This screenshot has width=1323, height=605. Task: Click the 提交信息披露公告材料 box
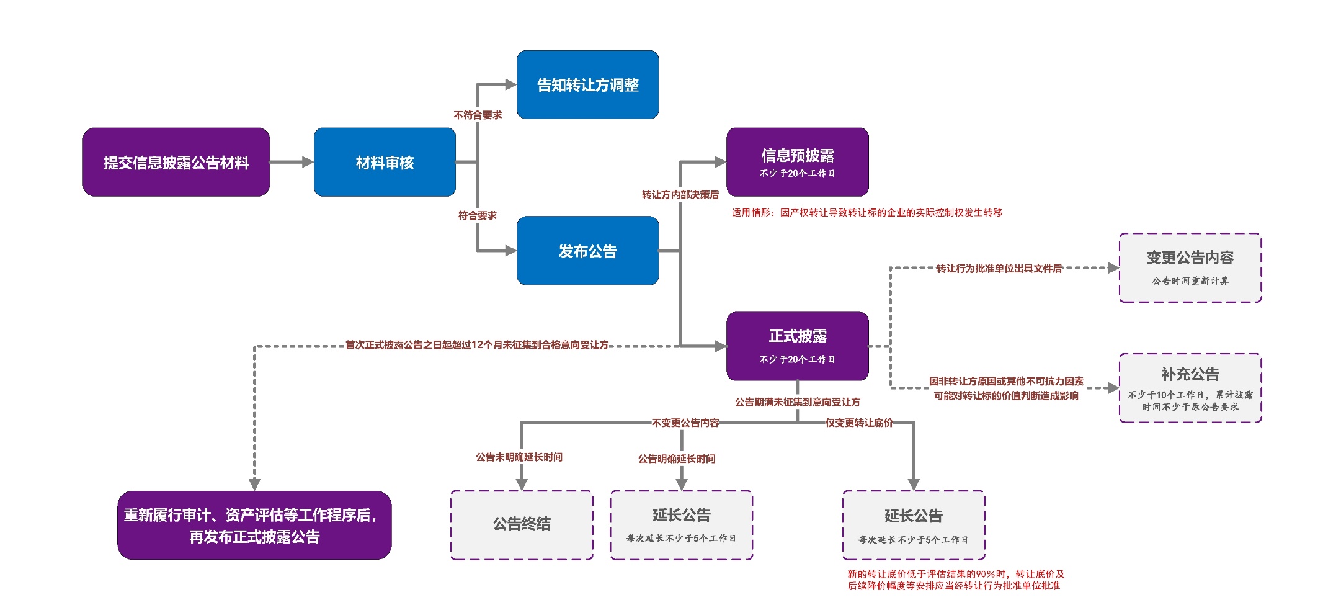point(176,163)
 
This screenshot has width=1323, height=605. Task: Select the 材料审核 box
point(385,163)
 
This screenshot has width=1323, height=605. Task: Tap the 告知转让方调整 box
point(587,85)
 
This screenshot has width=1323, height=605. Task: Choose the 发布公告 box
point(587,251)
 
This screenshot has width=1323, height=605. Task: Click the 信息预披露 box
point(797,162)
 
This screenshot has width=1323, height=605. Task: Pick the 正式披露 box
point(797,346)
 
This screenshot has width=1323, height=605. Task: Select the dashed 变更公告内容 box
point(1190,267)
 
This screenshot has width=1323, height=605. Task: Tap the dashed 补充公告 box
point(1190,388)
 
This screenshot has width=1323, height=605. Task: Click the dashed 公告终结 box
point(522,524)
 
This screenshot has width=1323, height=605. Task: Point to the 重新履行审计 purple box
point(254,525)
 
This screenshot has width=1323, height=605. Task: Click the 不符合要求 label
point(478,115)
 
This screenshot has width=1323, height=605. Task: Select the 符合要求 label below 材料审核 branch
point(478,215)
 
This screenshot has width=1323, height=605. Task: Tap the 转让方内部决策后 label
point(680,195)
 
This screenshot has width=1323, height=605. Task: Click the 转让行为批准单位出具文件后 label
point(999,268)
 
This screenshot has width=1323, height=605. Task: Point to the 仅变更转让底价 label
point(859,423)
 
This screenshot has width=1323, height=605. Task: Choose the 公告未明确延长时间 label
point(519,457)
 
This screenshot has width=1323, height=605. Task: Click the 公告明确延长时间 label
point(677,459)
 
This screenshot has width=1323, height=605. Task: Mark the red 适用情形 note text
point(866,213)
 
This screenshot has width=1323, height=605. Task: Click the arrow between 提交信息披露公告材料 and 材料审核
point(292,163)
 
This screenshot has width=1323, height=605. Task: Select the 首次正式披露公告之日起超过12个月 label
point(476,345)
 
